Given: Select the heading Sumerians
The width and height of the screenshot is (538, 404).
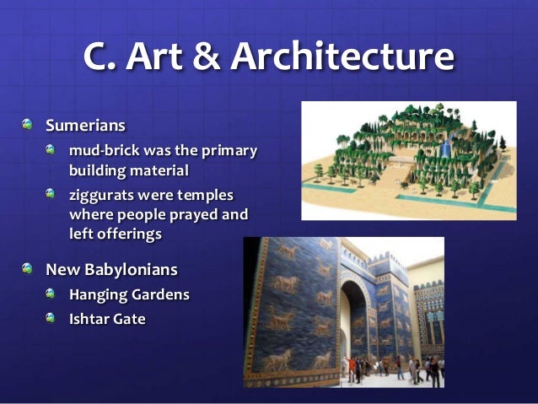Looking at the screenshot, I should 85,126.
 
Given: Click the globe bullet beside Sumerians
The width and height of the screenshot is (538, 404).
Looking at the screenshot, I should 30,126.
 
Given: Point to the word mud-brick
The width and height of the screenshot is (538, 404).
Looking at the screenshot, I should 104,151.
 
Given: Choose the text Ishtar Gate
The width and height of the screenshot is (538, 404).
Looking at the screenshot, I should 107,320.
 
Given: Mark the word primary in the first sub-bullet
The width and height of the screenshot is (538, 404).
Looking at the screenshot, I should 228,151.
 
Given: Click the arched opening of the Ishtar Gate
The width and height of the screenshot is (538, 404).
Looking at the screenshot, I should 359,337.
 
